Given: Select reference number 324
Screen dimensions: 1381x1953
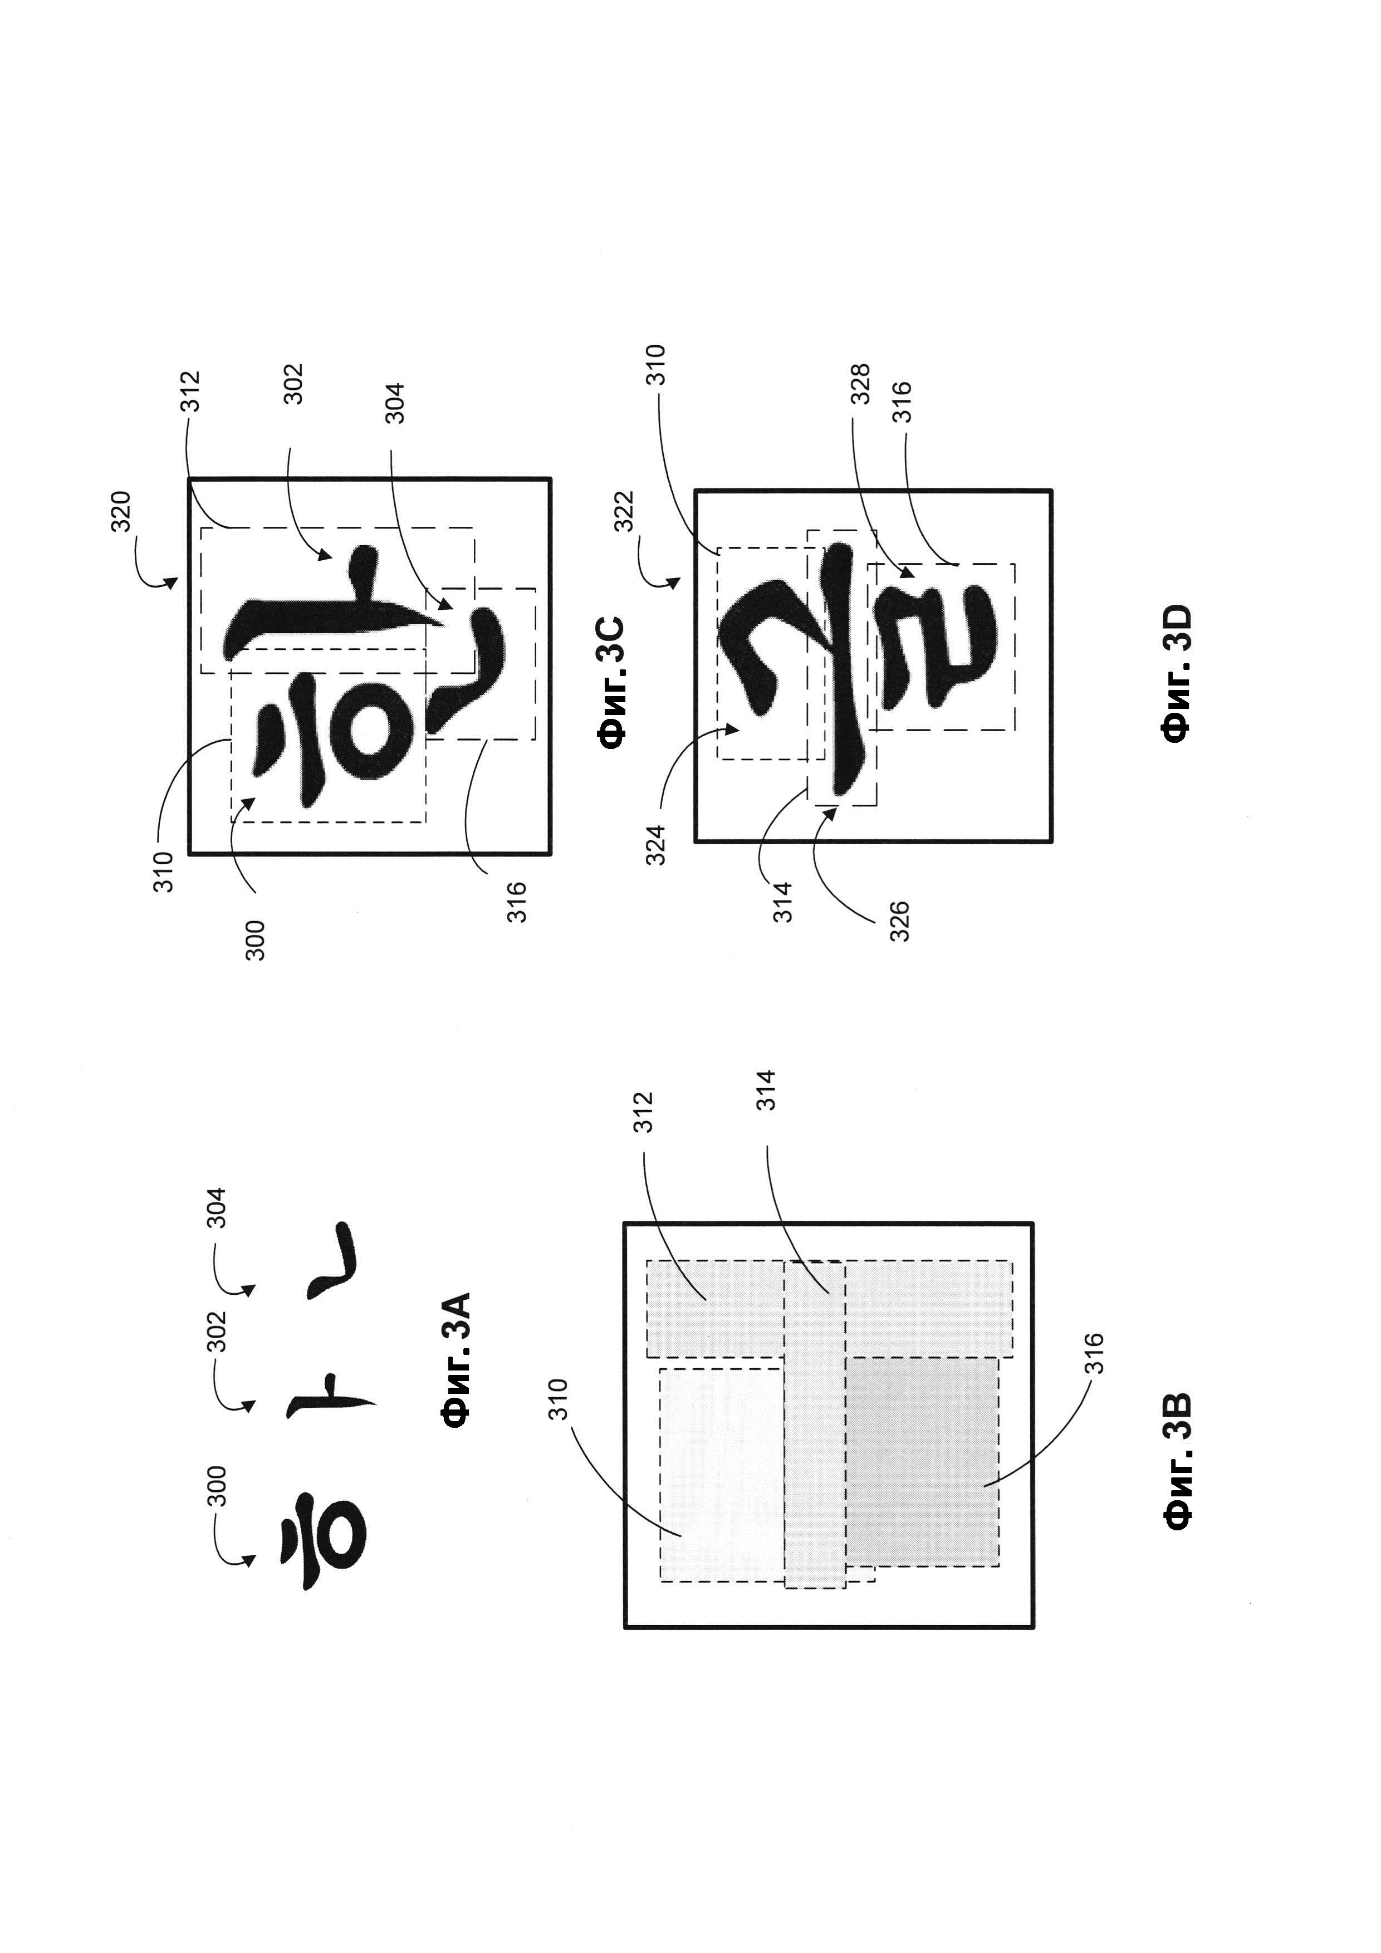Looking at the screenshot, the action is [655, 845].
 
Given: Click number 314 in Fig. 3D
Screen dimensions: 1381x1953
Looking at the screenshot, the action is [782, 902].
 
